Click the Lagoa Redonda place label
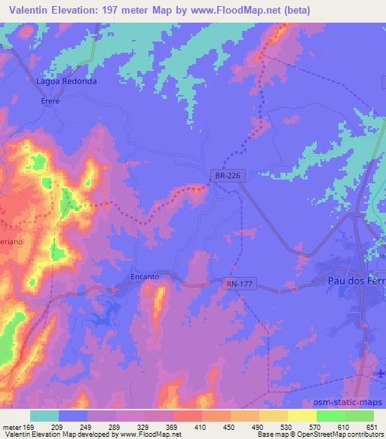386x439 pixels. [x=66, y=81]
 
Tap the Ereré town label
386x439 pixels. [x=50, y=100]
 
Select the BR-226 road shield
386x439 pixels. [x=225, y=176]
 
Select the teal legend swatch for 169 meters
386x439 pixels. [x=44, y=416]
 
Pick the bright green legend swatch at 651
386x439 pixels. [x=359, y=416]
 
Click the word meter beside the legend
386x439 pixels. [x=13, y=427]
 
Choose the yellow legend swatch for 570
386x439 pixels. [x=302, y=416]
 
